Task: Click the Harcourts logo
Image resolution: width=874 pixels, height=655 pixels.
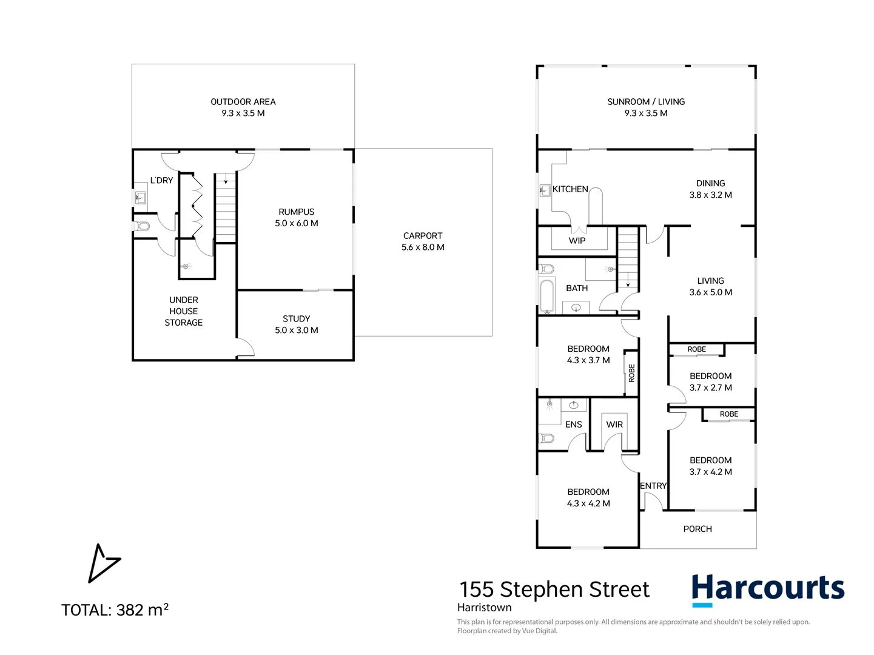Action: (768, 590)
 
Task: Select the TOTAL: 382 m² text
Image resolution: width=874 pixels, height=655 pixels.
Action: (115, 610)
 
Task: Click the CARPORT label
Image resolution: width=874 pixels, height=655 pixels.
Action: (423, 236)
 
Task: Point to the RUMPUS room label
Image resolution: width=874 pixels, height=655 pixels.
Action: (297, 212)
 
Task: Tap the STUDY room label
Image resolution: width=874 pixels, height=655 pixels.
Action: (297, 318)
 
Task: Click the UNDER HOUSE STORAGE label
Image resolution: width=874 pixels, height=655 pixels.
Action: (184, 311)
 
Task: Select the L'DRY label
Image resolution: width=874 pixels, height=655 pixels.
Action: (161, 180)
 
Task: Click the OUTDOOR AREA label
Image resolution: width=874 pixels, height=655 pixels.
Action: (243, 102)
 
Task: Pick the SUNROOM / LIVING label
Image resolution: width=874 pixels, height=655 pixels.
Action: (646, 102)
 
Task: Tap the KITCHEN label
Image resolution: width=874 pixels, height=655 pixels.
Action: (570, 189)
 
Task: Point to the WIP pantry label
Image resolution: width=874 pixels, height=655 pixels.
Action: (577, 241)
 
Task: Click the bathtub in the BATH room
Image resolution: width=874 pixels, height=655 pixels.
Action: (547, 295)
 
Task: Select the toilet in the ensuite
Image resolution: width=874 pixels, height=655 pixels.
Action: (546, 437)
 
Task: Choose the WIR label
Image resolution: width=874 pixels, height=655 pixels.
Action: (614, 425)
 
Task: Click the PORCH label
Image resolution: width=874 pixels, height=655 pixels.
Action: (698, 529)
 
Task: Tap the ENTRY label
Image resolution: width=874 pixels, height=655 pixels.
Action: (653, 486)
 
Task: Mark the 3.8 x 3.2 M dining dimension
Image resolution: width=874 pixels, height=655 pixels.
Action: (711, 195)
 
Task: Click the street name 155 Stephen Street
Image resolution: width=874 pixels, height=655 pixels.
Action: (554, 589)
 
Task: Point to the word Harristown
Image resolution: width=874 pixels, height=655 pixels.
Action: (485, 608)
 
